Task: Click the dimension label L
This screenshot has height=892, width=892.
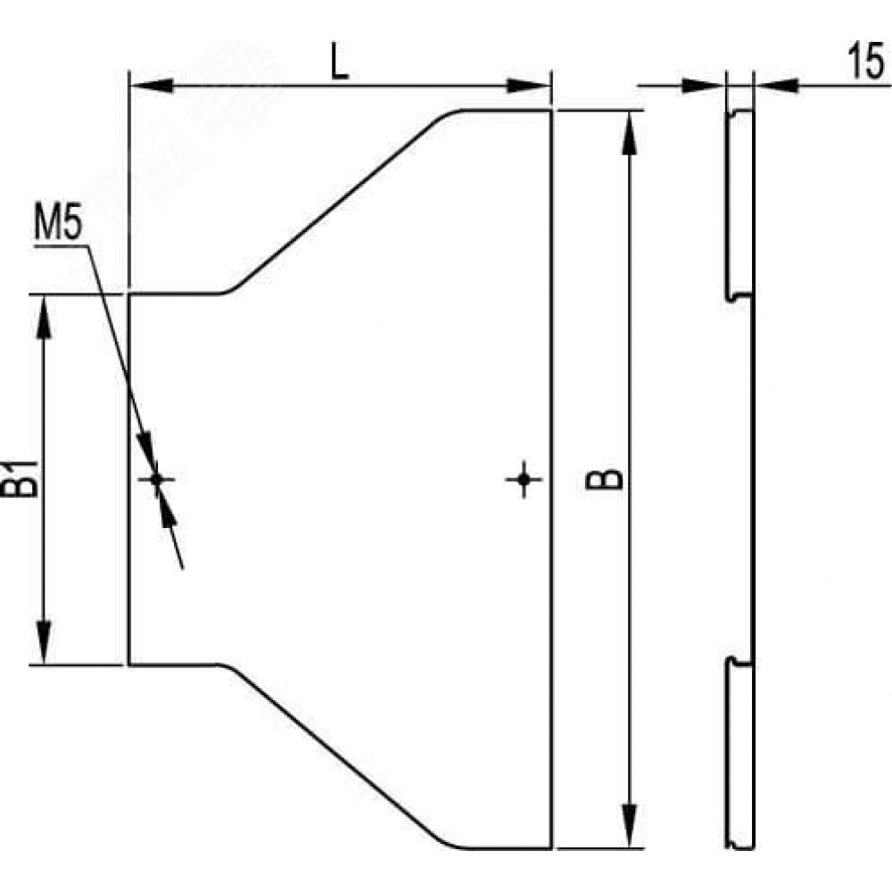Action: click(x=340, y=61)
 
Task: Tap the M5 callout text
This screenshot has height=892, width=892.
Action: click(x=59, y=223)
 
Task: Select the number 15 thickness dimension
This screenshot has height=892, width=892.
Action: click(x=866, y=61)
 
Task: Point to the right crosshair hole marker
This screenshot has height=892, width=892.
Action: click(x=524, y=480)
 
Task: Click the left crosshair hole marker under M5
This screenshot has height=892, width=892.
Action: click(x=157, y=480)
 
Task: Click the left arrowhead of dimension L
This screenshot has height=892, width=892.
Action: click(x=152, y=86)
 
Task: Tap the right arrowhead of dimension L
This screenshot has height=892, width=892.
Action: click(x=528, y=86)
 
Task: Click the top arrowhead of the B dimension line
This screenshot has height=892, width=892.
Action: click(x=629, y=133)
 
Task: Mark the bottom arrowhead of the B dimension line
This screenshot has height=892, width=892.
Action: click(x=629, y=826)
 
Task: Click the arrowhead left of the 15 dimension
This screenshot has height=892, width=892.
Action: click(x=703, y=86)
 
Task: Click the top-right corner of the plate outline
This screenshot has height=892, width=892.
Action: click(x=551, y=111)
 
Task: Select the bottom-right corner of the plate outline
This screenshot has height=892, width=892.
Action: click(x=551, y=848)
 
